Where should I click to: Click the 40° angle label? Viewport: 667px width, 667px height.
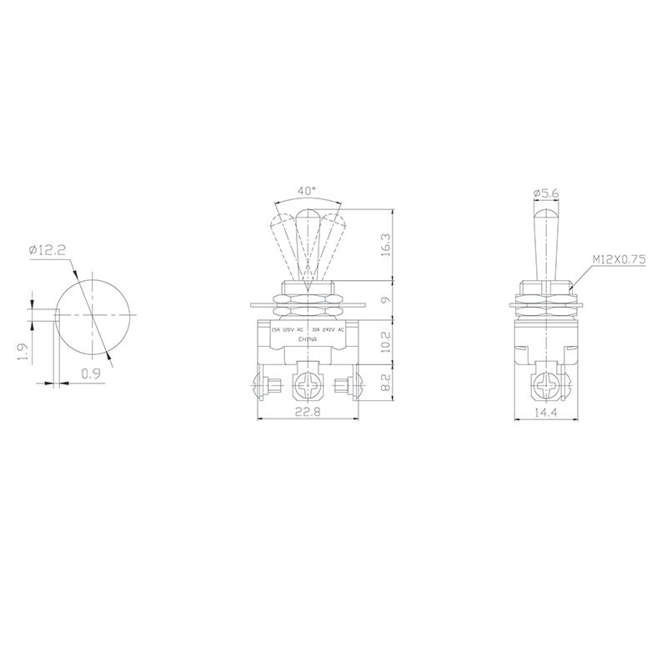click(308, 191)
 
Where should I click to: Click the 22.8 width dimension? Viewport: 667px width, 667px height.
click(308, 411)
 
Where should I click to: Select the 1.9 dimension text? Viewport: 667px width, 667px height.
click(25, 353)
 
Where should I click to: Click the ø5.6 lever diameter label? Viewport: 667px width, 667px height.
click(545, 193)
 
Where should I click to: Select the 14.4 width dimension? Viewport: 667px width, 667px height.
click(546, 411)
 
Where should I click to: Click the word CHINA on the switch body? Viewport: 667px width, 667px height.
click(308, 340)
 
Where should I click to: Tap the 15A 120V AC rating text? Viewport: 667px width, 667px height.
click(288, 330)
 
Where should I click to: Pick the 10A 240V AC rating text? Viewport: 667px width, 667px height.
click(328, 330)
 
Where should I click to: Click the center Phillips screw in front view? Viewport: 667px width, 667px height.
click(308, 386)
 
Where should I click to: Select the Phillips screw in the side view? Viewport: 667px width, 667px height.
click(546, 386)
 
